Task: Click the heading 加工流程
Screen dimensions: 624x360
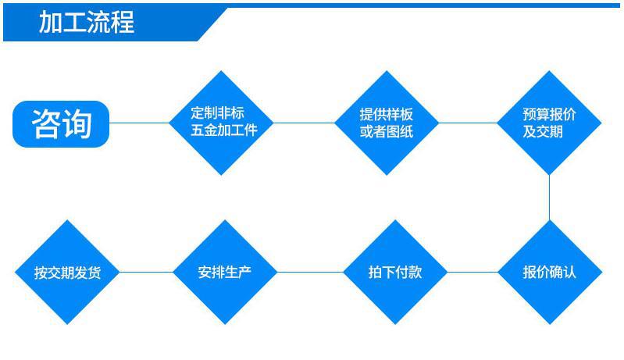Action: [x=87, y=23]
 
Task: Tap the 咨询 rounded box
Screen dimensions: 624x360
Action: [x=61, y=123]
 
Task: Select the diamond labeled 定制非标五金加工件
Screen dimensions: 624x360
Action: [x=224, y=122]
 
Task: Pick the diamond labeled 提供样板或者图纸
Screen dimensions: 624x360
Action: [x=387, y=122]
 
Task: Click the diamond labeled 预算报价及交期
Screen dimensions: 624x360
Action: [x=549, y=122]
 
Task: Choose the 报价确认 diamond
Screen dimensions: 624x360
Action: [x=549, y=273]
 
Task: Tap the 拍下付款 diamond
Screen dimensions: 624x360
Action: [x=395, y=273]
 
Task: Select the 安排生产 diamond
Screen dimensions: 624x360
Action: [x=225, y=273]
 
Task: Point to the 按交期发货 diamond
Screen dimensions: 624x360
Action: [x=67, y=273]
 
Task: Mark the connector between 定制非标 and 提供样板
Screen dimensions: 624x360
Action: [x=305, y=123]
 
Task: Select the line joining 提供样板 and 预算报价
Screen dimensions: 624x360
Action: [x=468, y=123]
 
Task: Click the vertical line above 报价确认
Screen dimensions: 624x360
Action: [x=549, y=197]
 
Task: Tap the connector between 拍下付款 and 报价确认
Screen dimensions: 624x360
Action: [x=472, y=273]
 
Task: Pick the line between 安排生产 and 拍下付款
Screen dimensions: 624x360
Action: [x=310, y=273]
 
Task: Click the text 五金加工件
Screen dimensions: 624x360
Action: [x=224, y=130]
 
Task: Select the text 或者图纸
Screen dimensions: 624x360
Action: [x=387, y=131]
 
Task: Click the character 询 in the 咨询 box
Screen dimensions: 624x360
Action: [x=77, y=123]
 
